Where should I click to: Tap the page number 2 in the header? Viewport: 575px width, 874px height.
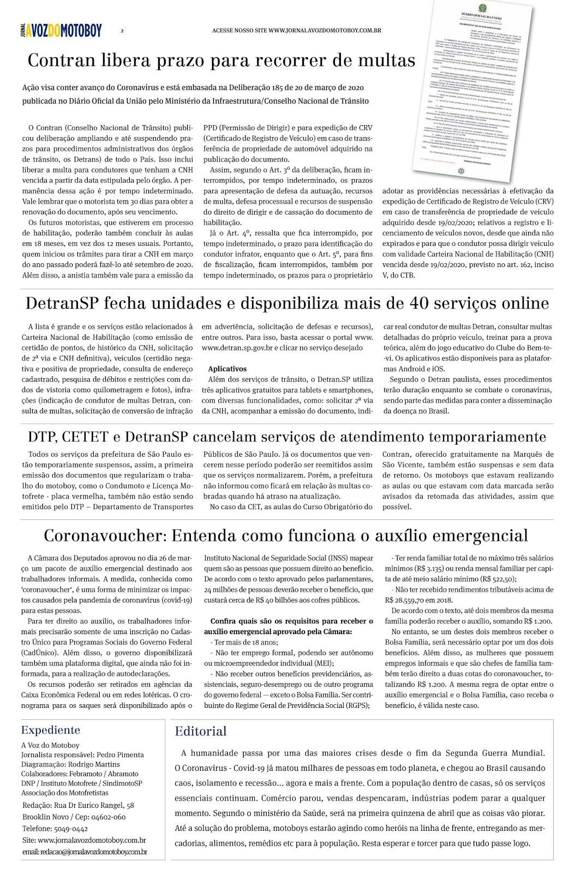[x=122, y=31]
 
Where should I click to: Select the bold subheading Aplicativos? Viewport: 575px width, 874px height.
[x=227, y=369]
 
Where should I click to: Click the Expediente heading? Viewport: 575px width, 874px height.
[x=51, y=730]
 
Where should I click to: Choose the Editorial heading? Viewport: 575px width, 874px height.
[x=201, y=731]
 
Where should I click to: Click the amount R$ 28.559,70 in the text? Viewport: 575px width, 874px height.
[x=406, y=600]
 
